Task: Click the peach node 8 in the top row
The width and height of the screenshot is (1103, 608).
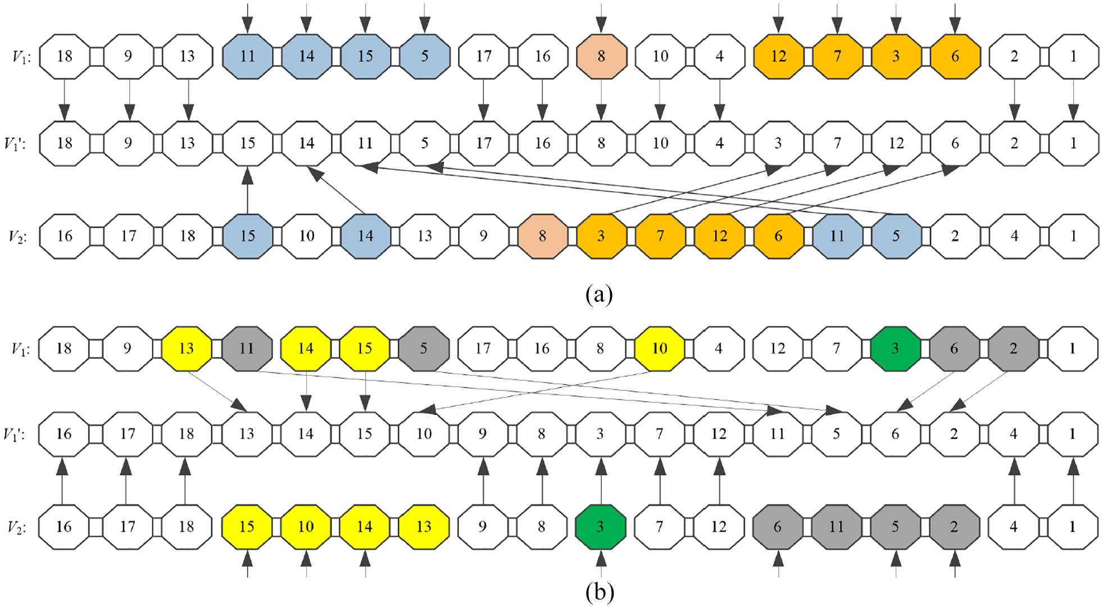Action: click(601, 56)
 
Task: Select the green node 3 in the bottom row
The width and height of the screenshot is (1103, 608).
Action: click(600, 527)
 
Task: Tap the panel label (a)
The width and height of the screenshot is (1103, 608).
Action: click(599, 294)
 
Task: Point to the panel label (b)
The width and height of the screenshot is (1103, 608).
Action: click(599, 592)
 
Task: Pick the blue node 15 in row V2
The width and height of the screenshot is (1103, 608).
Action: click(248, 236)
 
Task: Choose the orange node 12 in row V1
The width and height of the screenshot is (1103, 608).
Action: click(778, 56)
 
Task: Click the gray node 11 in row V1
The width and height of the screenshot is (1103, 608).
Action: click(247, 349)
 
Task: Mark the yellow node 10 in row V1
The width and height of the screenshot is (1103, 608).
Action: click(659, 349)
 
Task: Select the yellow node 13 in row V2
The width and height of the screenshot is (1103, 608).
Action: click(424, 527)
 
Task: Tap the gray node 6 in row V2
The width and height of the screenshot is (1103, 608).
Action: click(777, 527)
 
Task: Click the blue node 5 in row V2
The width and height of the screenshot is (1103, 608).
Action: click(896, 236)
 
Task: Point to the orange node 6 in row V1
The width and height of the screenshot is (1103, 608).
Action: click(955, 56)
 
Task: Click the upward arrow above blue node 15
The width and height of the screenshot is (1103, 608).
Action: click(247, 190)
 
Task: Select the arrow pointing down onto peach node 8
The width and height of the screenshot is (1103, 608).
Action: click(601, 18)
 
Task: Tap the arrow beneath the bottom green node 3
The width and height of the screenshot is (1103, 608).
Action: click(601, 564)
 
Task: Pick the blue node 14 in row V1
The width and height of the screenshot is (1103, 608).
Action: click(306, 56)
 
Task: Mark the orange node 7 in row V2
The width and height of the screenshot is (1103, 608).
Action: click(660, 236)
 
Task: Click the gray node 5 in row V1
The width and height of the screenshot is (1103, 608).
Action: click(424, 349)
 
